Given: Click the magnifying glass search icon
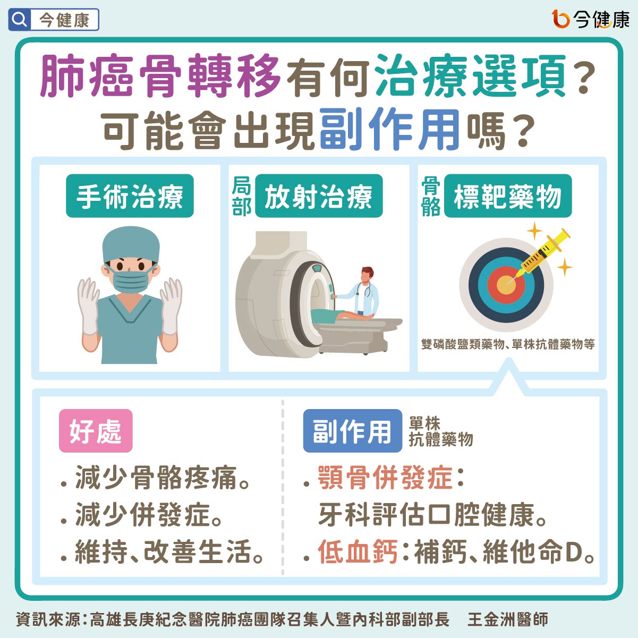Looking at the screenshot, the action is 20,20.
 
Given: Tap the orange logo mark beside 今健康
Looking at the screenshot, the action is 560,19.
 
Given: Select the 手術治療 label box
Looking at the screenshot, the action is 130,195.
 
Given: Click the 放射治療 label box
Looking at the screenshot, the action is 319,195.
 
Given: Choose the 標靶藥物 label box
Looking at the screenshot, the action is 508,195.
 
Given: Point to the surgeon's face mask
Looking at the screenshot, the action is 130,281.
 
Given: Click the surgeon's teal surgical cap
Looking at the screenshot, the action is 131,244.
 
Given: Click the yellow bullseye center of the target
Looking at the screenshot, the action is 506,285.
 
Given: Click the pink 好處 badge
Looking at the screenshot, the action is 96,431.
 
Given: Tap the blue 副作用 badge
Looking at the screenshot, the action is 353,431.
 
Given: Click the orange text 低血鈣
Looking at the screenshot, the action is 358,551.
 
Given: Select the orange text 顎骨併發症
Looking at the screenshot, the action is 385,477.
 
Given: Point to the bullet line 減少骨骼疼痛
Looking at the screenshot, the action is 156,477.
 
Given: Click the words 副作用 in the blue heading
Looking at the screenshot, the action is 389,130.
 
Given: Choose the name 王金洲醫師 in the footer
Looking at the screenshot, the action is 508,619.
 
